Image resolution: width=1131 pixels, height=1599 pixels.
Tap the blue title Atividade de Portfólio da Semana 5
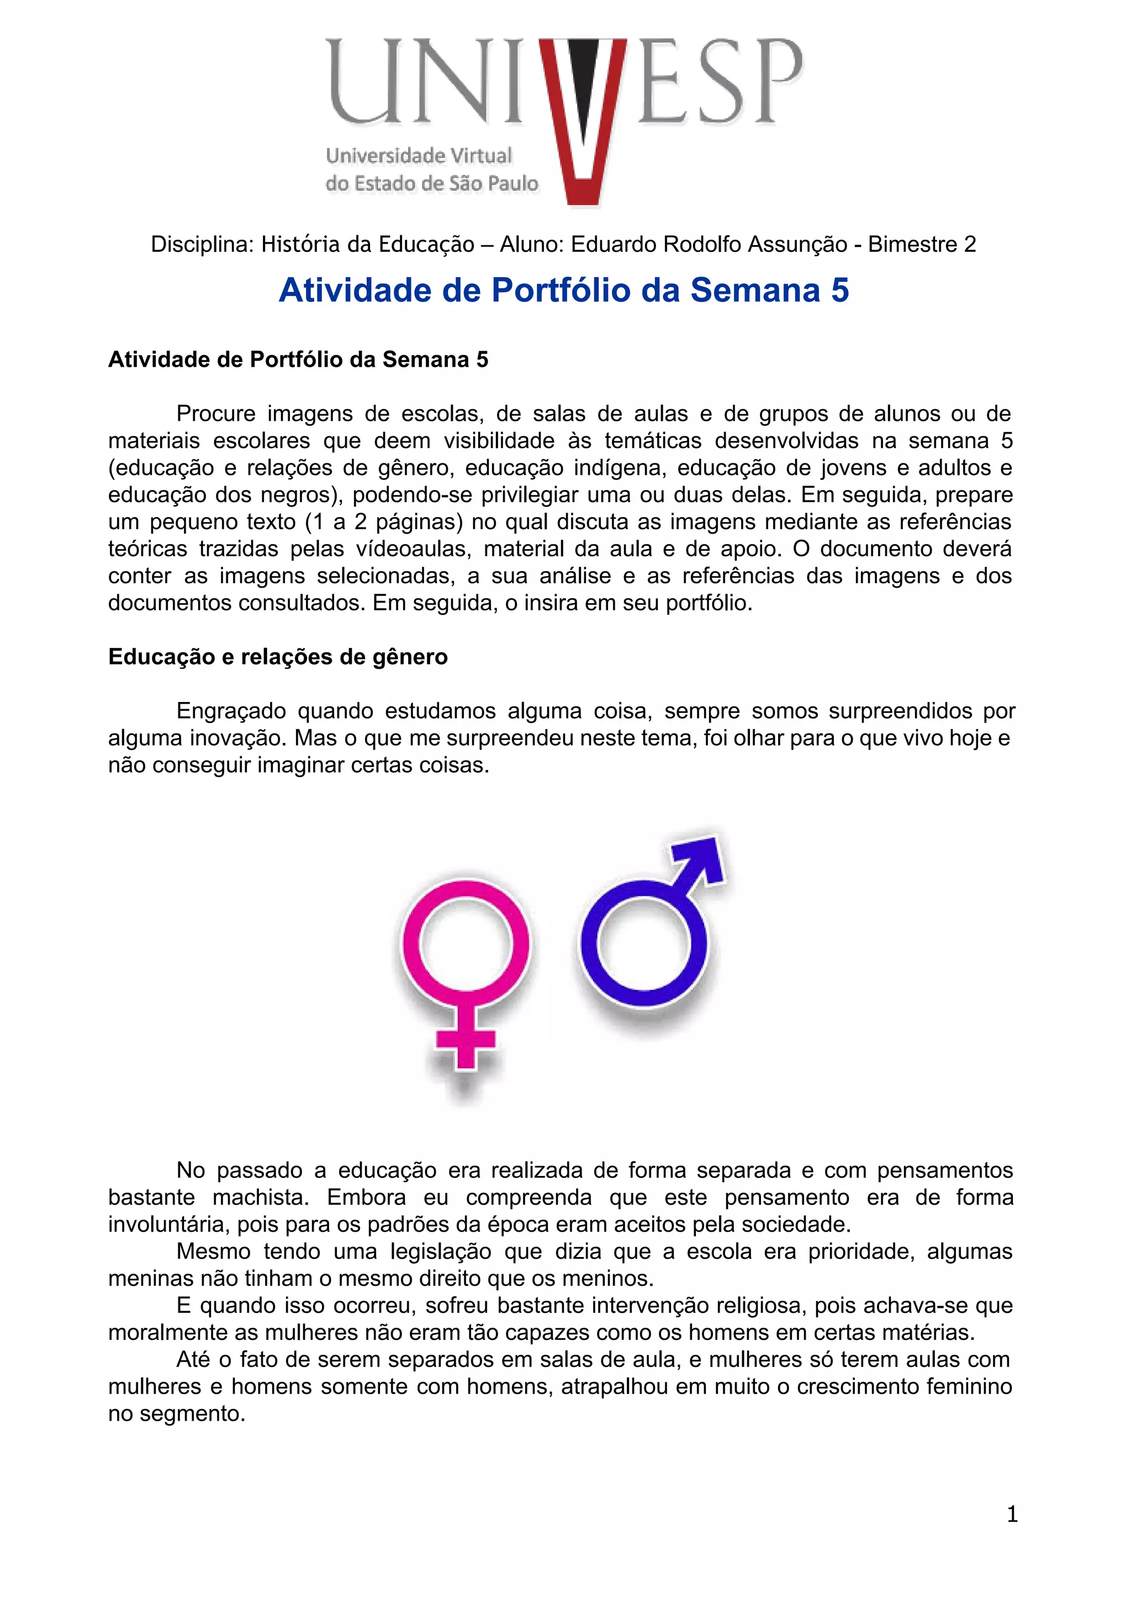click(x=563, y=291)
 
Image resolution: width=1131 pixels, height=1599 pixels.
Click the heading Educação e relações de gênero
click(x=278, y=657)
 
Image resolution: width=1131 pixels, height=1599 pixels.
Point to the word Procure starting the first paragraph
click(x=216, y=414)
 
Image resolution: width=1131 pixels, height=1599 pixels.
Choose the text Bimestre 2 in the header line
click(x=921, y=245)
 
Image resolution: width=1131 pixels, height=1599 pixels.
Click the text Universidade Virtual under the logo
click(x=419, y=155)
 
